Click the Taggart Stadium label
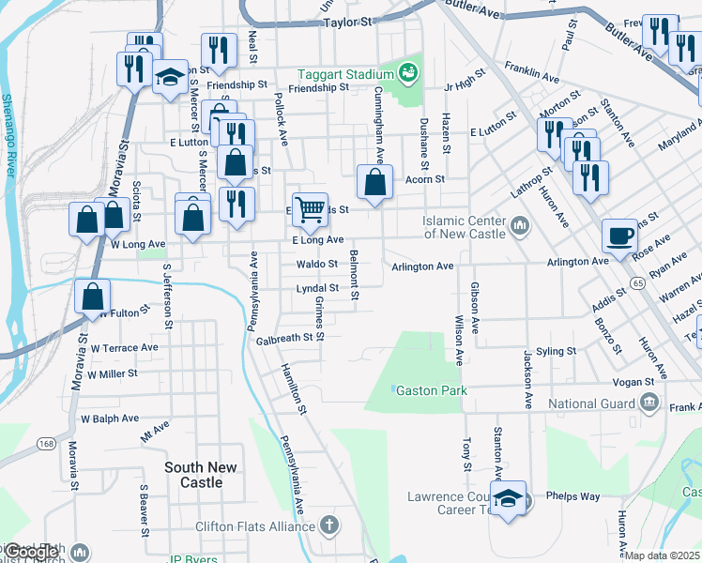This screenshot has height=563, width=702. pyautogui.click(x=344, y=73)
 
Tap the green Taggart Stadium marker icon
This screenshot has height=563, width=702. pyautogui.click(x=406, y=71)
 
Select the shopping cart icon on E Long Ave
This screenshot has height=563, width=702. pyautogui.click(x=310, y=209)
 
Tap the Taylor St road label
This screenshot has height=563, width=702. pyautogui.click(x=347, y=20)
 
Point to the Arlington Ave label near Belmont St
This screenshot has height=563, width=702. pyautogui.click(x=423, y=266)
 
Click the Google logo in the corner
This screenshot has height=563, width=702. pyautogui.click(x=33, y=552)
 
